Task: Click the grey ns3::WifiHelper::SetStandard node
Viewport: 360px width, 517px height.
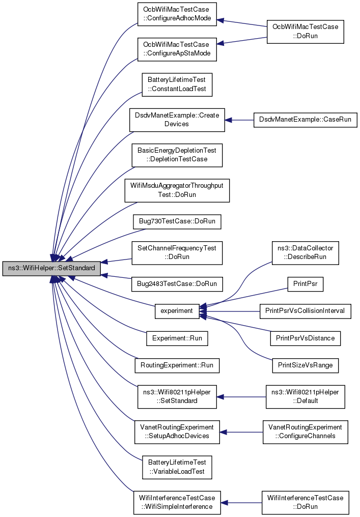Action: coord(51,268)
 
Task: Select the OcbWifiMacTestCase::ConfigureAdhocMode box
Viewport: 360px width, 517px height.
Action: coord(177,14)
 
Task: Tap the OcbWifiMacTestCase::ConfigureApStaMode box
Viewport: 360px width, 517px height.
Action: coord(177,49)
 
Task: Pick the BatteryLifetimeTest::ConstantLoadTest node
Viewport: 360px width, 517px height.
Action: coord(177,84)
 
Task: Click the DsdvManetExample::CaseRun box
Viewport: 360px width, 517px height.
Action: coord(305,120)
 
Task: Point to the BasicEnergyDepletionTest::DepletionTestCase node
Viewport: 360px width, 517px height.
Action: coord(177,155)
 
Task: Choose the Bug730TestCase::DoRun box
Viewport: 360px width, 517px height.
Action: coord(177,221)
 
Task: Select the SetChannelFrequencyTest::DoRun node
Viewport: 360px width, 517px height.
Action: coord(177,252)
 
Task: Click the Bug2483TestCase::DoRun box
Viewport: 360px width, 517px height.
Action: coord(177,284)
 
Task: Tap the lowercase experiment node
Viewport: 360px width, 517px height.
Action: coord(177,311)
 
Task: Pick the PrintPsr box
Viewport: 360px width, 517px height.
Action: coord(305,284)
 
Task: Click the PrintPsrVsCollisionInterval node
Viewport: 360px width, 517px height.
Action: coord(305,311)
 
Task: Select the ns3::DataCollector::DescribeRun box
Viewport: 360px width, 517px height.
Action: coord(305,252)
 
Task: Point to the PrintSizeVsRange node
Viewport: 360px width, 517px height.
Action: coord(305,365)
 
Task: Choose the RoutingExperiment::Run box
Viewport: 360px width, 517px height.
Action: coord(177,365)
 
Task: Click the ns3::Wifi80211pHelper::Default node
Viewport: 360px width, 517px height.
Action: coord(305,396)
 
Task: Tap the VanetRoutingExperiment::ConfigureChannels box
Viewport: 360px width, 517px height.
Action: coord(305,432)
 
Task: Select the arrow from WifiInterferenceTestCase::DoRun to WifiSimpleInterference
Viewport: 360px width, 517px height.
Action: coord(241,502)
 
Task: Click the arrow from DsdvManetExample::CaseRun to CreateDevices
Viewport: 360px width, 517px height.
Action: coord(239,120)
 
